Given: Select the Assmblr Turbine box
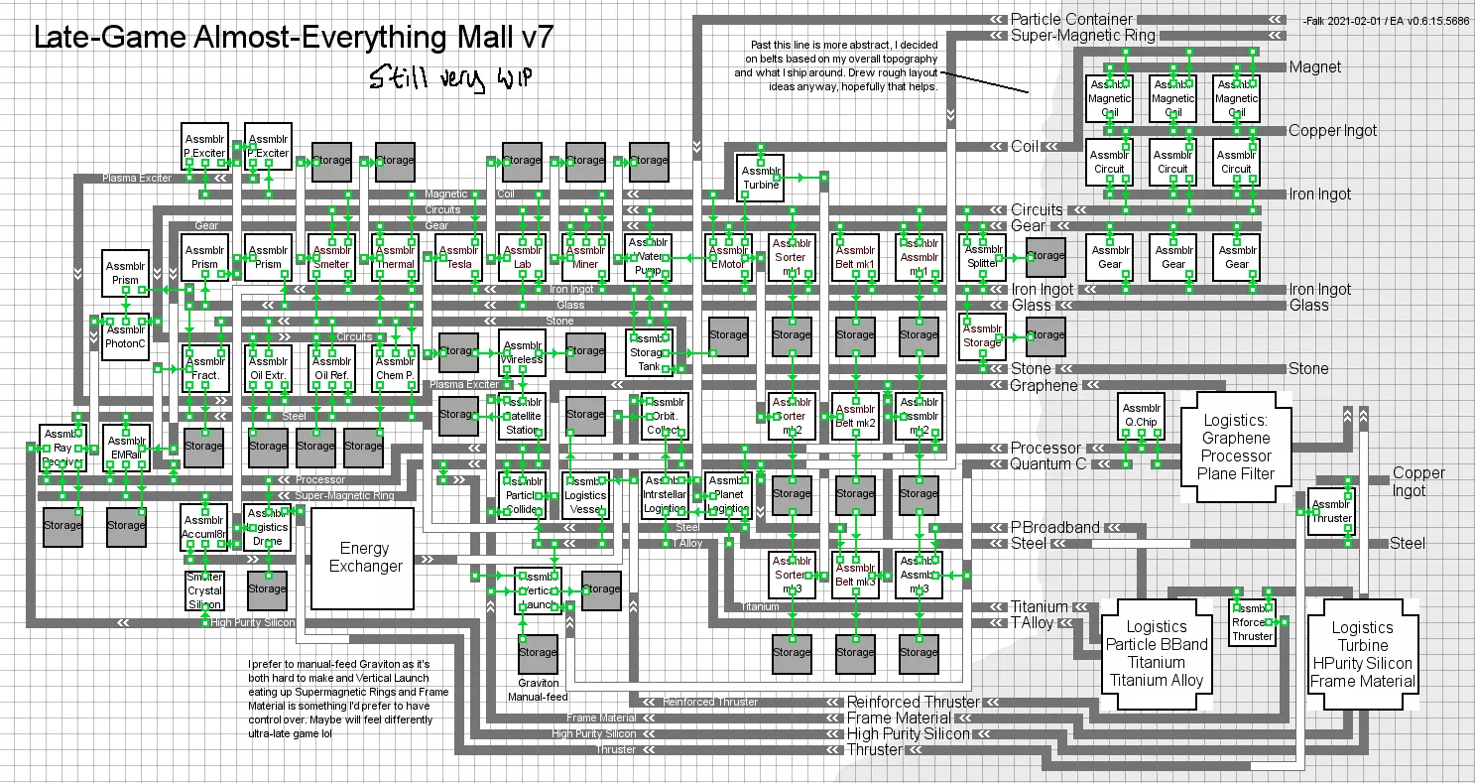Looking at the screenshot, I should coord(761,177).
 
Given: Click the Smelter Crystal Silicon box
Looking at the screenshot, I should coord(204,590).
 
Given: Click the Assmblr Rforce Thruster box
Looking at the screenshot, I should coord(1252,622).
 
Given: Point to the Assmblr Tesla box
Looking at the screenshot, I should coord(457,258).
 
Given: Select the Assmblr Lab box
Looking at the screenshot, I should coord(522,258).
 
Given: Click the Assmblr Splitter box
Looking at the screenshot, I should coord(982,257).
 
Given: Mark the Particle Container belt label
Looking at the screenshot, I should coord(1071,19).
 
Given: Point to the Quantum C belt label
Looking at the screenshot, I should coord(1048,463).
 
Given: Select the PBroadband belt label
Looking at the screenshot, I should coord(1054,528).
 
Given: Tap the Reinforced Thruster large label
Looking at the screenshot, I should coord(913,702).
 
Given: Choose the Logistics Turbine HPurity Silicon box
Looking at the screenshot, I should coord(1362,654).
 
